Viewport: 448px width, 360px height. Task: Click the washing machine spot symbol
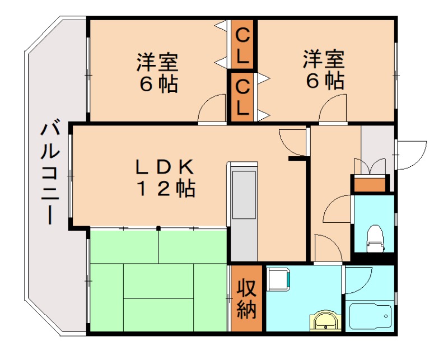click(278, 278)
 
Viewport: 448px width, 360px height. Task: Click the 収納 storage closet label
click(246, 299)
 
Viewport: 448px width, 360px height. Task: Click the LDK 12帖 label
click(166, 178)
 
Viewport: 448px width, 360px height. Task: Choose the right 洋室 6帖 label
click(325, 70)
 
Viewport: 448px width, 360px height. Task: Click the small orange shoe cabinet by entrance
click(369, 184)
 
